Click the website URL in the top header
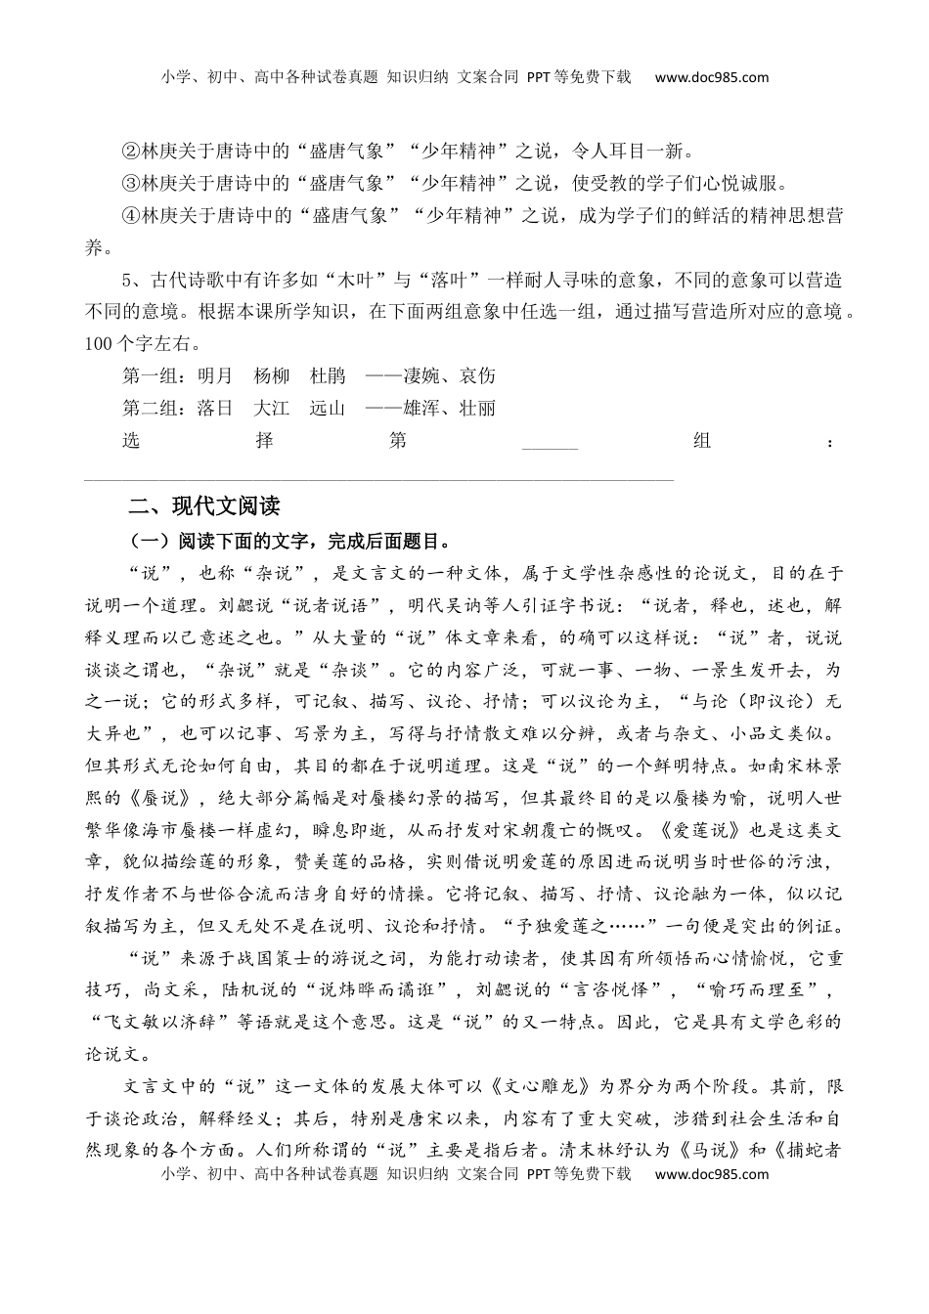[711, 77]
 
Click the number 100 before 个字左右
[100, 344]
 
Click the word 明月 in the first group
[215, 376]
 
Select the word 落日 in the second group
[215, 409]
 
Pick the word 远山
[328, 409]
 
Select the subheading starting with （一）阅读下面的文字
[289, 541]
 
